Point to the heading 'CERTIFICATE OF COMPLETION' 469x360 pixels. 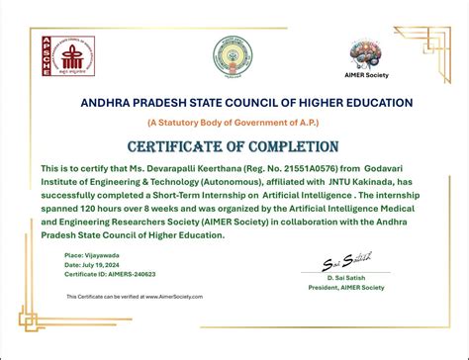(x=235, y=146)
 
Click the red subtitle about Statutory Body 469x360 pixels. (x=234, y=123)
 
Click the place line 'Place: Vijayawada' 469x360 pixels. (x=92, y=255)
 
